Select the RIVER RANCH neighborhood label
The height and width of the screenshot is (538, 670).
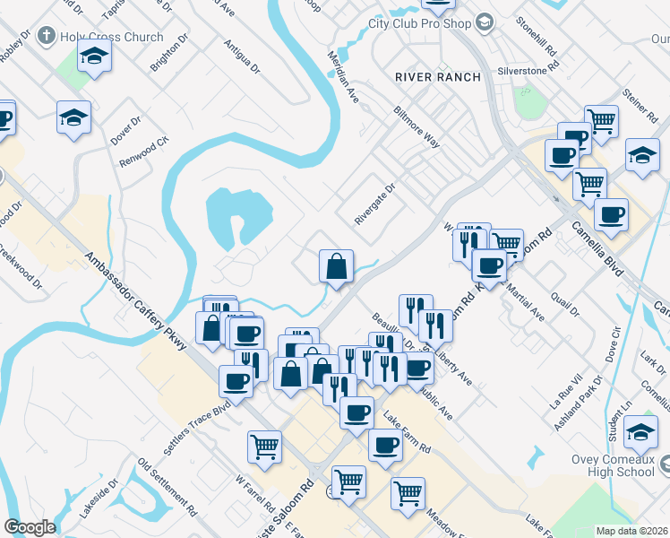[x=438, y=77]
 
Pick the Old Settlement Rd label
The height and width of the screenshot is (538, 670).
[x=167, y=489]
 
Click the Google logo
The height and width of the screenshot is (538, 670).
[x=30, y=527]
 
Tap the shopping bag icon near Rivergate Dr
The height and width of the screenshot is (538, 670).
[x=336, y=266]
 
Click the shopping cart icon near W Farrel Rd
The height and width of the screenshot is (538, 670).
[x=264, y=446]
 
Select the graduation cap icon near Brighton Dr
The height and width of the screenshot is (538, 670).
[x=92, y=57]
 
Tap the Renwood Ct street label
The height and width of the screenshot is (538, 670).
[x=144, y=153]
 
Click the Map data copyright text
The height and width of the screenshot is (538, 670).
[x=631, y=530]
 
